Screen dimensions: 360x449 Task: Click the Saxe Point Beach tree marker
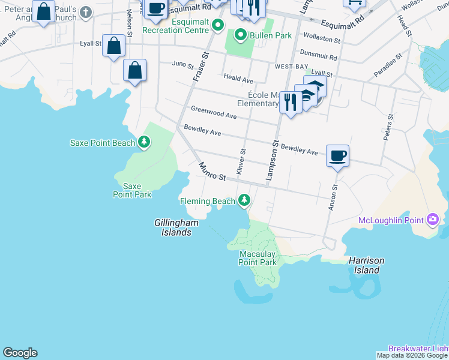tap(144, 142)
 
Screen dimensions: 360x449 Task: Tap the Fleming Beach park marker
tap(244, 200)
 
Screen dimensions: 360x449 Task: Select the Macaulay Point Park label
tap(258, 258)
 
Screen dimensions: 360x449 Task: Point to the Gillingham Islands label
tap(176, 227)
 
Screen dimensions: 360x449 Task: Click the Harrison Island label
tap(366, 265)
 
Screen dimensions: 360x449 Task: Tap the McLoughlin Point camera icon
tap(432, 220)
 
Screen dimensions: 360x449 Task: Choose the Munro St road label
tap(212, 173)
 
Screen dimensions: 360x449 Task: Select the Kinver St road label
tap(241, 162)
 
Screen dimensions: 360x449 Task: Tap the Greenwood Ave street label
tap(214, 112)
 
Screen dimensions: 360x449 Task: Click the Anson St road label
tap(333, 197)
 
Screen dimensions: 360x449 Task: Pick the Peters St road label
tap(388, 127)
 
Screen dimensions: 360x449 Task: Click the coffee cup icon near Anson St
tap(337, 156)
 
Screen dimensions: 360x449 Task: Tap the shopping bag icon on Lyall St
tap(113, 46)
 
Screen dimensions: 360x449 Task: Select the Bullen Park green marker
tap(241, 35)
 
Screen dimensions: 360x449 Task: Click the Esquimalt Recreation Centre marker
tap(217, 25)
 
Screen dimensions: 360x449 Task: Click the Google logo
tap(20, 353)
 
